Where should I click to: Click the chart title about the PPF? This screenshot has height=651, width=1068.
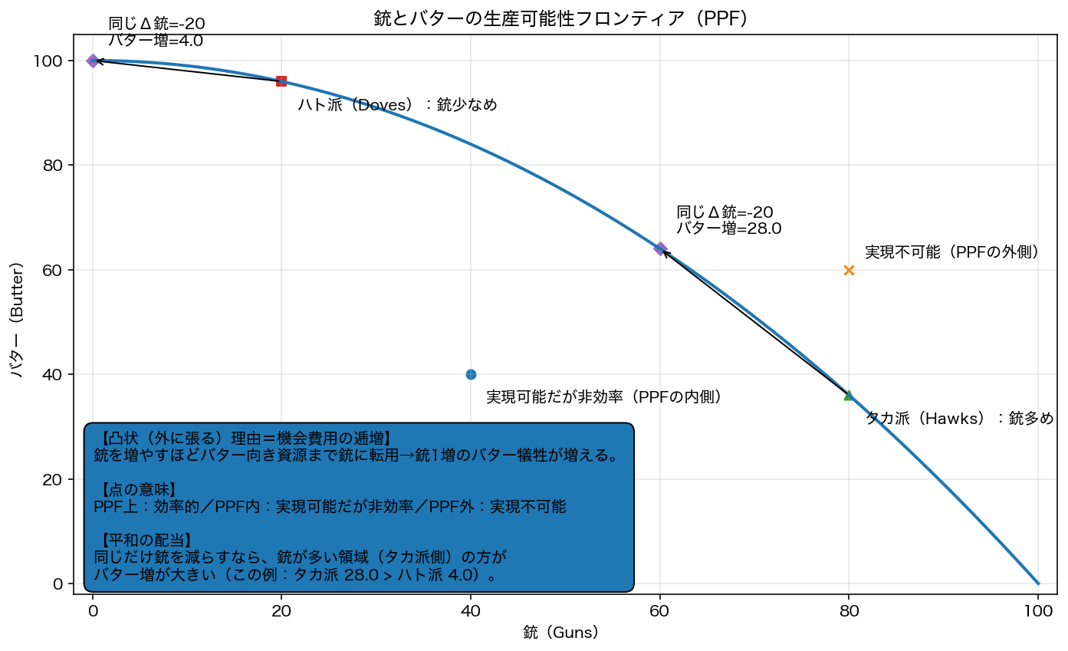pyautogui.click(x=560, y=19)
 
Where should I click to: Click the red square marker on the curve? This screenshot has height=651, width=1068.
pyautogui.click(x=281, y=81)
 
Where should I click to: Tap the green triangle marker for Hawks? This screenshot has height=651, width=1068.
pyautogui.click(x=849, y=395)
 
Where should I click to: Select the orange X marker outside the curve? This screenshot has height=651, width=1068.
pyautogui.click(x=849, y=270)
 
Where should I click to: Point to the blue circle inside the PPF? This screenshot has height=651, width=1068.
pyautogui.click(x=471, y=374)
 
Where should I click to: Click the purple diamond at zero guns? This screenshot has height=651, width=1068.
pyautogui.click(x=93, y=61)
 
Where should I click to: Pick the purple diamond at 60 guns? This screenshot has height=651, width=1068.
pyautogui.click(x=660, y=248)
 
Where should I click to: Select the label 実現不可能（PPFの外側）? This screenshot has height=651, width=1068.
pyautogui.click(x=951, y=252)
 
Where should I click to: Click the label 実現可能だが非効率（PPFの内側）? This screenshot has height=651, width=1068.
pyautogui.click(x=603, y=397)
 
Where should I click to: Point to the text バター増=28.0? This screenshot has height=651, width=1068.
pyautogui.click(x=728, y=229)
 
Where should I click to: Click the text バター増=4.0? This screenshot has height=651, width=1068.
pyautogui.click(x=156, y=41)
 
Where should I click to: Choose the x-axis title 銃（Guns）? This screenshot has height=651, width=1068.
pyautogui.click(x=560, y=633)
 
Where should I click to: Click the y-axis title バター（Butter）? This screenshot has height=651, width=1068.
pyautogui.click(x=17, y=320)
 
